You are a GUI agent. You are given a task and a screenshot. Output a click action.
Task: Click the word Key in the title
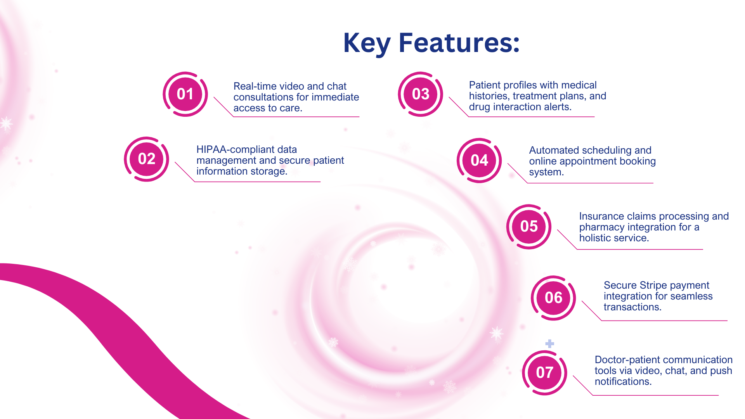367,43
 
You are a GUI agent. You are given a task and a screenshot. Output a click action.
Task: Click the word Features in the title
459,43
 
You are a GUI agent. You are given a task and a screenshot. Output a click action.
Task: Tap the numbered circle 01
185,94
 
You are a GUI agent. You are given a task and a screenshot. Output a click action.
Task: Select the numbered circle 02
146,159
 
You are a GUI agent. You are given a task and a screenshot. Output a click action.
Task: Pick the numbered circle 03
420,94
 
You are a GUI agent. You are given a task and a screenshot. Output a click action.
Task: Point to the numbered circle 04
479,161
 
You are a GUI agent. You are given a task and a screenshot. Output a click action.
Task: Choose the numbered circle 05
529,227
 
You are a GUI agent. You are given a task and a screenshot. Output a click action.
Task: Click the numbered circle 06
553,298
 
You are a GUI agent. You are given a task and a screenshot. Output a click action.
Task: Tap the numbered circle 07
544,373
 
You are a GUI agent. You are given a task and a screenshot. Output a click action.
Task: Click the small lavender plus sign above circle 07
549,344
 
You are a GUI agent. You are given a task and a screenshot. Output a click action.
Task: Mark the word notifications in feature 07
623,382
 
